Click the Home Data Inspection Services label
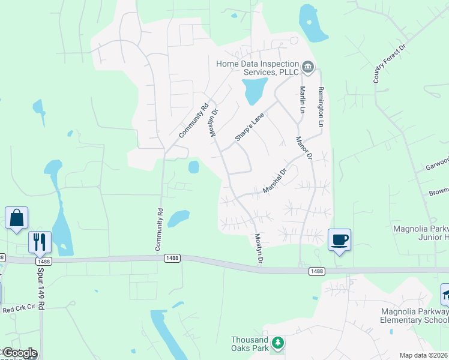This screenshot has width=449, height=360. tap(258, 67)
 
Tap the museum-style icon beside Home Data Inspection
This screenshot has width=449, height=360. tap(308, 66)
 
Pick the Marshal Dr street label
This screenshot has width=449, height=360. tap(276, 181)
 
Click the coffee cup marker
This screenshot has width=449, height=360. tap(339, 239)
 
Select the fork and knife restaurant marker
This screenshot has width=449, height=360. tap(40, 242)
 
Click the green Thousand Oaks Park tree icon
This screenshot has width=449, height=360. tap(277, 343)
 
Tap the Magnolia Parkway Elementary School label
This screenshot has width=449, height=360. tap(414, 316)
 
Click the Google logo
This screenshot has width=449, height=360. tap(19, 353)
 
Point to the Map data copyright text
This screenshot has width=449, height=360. tap(424, 355)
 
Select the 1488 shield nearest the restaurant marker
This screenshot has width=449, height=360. tap(43, 261)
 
